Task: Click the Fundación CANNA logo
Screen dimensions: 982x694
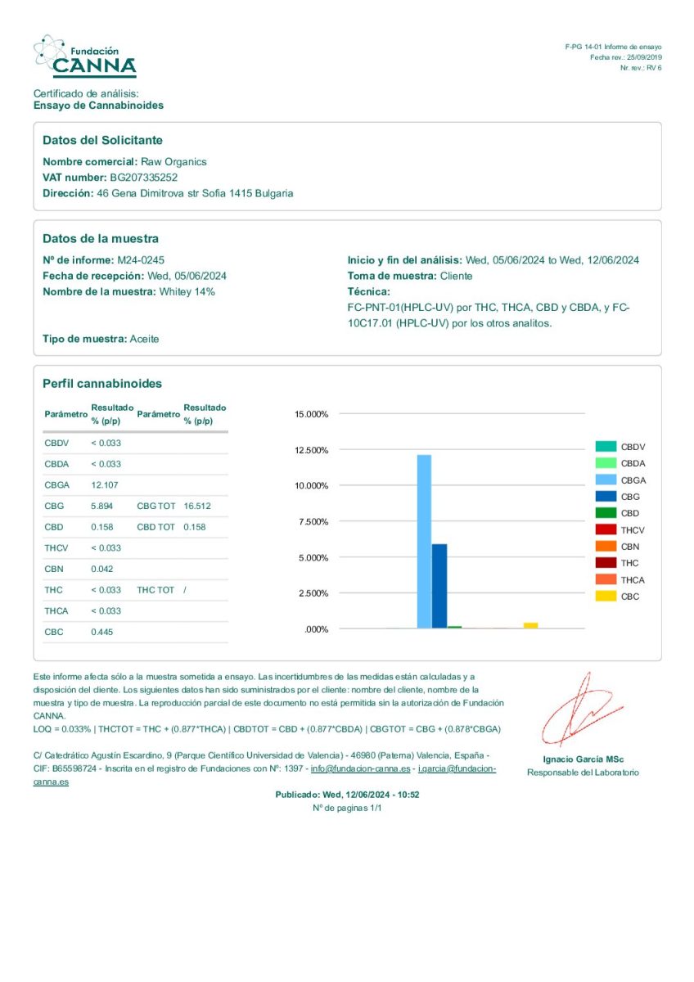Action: click(84, 56)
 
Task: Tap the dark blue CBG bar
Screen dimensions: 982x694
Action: click(439, 586)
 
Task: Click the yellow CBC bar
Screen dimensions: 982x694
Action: click(531, 625)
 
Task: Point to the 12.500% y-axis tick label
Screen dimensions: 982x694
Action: click(311, 450)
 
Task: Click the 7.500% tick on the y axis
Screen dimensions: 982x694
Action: click(311, 522)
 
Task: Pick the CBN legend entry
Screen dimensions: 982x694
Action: click(630, 547)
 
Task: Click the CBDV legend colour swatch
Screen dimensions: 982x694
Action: click(606, 447)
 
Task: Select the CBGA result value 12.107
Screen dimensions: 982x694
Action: click(104, 485)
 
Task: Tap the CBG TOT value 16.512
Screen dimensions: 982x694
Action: click(197, 507)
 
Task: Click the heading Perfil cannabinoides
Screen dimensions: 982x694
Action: click(102, 384)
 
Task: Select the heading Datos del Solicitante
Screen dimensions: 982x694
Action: click(102, 141)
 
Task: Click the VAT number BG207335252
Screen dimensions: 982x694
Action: click(144, 178)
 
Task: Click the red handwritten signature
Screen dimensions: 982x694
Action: click(582, 709)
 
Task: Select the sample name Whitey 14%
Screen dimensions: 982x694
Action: click(187, 292)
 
